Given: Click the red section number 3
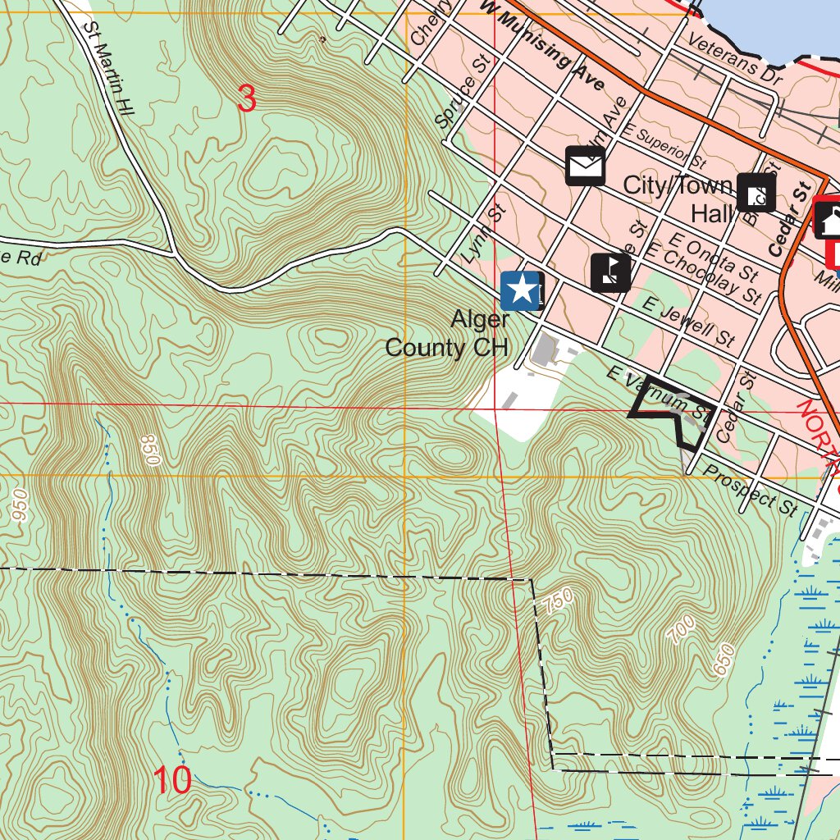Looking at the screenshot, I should (246, 99).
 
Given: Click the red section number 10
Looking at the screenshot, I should (172, 780).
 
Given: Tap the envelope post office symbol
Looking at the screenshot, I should (585, 167).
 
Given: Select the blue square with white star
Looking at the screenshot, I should (521, 290).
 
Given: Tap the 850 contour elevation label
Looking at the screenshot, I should (149, 450).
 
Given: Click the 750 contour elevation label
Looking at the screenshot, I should (558, 603).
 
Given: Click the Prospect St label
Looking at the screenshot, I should (750, 491).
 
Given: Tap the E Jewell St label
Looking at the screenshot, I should (688, 322).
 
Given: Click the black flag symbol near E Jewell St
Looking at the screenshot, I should (610, 272).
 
